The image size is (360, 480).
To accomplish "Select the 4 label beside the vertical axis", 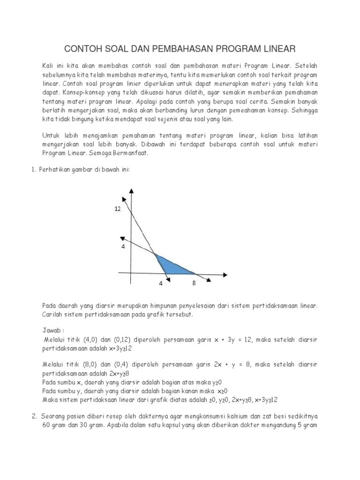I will [x=123, y=245].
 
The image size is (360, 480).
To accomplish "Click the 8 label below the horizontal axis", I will [x=194, y=284].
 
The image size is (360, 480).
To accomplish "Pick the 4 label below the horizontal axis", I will [x=161, y=284].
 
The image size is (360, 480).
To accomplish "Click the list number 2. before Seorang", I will [x=34, y=416].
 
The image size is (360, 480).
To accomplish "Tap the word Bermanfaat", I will [x=132, y=153].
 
